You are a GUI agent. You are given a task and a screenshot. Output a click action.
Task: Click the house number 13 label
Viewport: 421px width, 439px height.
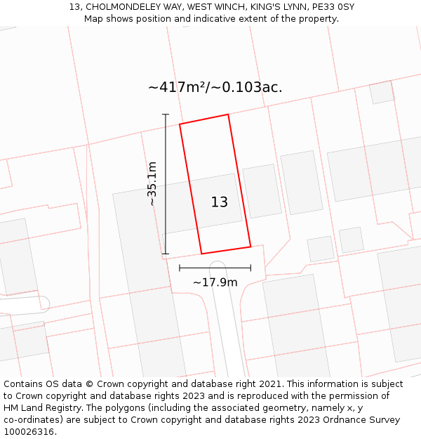pyautogui.click(x=219, y=202)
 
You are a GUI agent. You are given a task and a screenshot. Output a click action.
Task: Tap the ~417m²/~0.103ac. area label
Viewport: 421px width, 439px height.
pyautogui.click(x=215, y=87)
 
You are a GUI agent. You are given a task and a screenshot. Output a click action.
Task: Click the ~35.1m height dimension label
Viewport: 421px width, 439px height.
pyautogui.click(x=152, y=183)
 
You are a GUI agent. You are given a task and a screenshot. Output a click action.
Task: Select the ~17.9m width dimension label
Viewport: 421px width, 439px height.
pyautogui.click(x=215, y=282)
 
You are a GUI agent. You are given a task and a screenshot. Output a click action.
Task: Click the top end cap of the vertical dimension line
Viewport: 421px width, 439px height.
pyautogui.click(x=166, y=114)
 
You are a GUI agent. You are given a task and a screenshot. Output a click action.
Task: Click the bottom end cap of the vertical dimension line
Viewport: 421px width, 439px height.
pyautogui.click(x=166, y=254)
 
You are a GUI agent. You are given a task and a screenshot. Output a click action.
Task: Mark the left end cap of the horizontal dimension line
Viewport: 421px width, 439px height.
pyautogui.click(x=180, y=268)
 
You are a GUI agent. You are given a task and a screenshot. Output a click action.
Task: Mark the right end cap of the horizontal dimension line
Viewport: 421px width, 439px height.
pyautogui.click(x=250, y=268)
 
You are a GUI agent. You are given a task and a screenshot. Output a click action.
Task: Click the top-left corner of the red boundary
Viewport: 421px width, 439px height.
pyautogui.click(x=180, y=124)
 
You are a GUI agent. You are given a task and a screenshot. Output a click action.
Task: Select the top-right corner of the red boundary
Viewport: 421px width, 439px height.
pyautogui.click(x=228, y=114)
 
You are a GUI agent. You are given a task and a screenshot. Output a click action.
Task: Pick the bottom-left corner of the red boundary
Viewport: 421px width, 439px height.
pyautogui.click(x=201, y=254)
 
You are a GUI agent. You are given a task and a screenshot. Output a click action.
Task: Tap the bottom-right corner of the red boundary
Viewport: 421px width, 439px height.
pyautogui.click(x=250, y=247)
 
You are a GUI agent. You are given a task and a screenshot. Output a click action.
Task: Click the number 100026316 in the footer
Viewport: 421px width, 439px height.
pyautogui.click(x=29, y=432)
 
